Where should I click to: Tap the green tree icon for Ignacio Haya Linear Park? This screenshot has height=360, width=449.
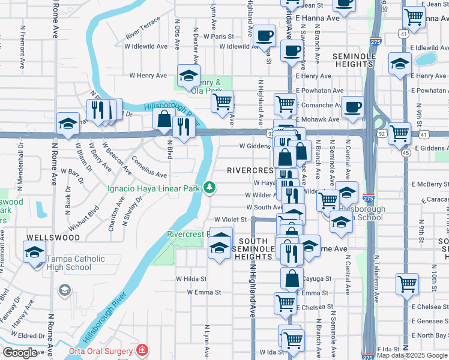209,188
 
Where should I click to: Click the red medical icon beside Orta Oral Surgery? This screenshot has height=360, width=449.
142,350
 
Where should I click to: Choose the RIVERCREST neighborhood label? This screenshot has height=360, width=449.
250,170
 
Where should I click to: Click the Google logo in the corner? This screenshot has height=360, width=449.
20,353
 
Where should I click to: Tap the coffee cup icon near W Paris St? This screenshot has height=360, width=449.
264,35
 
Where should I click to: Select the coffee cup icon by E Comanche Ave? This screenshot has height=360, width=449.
352,106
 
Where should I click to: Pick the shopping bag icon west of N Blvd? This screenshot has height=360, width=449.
164,119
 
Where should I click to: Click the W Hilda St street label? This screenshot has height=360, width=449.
191,279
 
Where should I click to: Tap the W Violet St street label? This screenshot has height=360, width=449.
231,220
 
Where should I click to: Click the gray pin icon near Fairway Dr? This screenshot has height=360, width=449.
64,291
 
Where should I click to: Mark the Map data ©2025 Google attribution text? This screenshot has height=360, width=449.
412,356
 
